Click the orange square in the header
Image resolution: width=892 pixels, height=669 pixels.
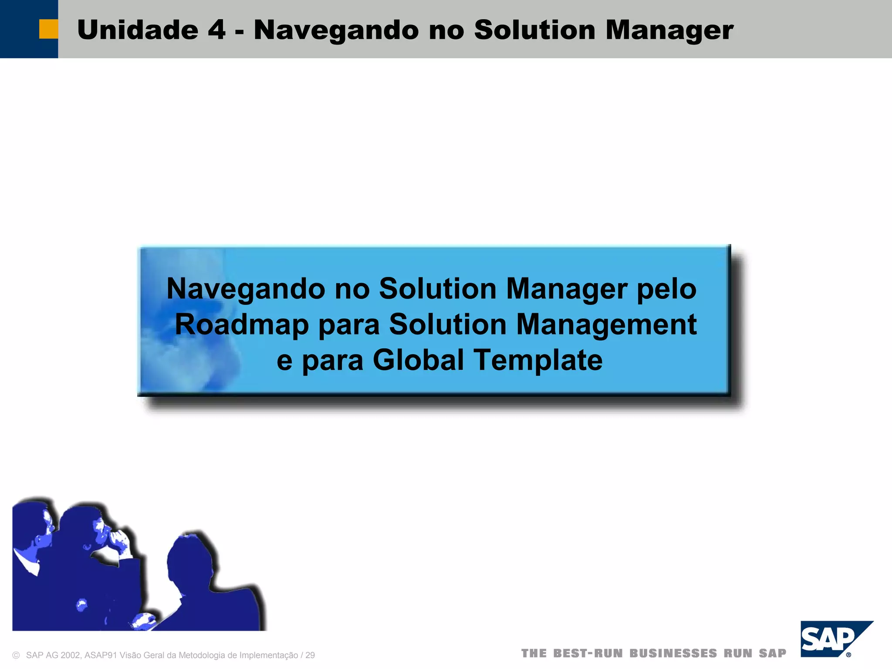[x=48, y=29]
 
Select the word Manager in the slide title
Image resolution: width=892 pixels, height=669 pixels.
[x=669, y=30]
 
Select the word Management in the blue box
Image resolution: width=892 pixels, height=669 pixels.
[x=606, y=324]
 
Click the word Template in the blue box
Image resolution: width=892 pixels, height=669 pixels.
[x=538, y=360]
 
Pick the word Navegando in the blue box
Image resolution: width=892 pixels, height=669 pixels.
[x=246, y=289]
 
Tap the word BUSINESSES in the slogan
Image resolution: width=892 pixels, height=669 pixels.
[x=673, y=653]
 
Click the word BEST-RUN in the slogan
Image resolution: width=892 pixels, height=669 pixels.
[x=588, y=653]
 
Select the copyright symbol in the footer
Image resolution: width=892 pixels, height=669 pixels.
[x=16, y=655]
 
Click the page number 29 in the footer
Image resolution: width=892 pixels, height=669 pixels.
[x=310, y=655]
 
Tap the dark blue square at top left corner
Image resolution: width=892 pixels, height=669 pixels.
[x=20, y=29]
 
